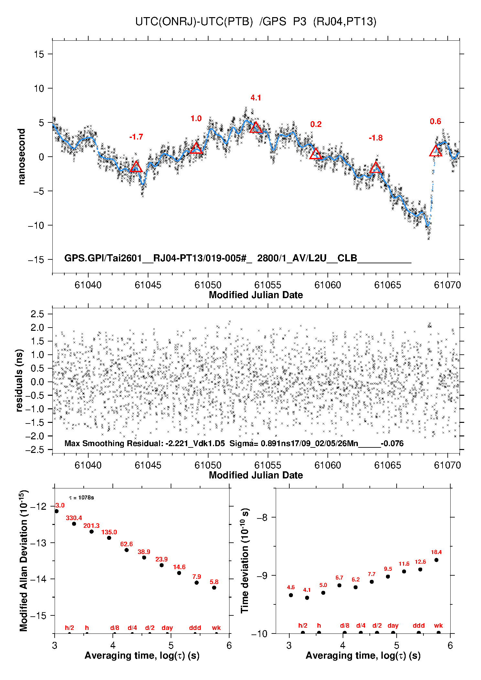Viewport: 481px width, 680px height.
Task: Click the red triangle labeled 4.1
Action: pos(256,128)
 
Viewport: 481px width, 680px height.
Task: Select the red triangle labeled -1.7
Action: pos(136,167)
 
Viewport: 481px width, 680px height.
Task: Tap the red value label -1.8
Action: pos(376,138)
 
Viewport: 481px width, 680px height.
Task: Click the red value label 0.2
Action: pos(316,124)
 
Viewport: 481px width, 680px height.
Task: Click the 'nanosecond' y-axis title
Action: pos(22,157)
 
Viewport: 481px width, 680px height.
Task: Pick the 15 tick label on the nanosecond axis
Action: pos(39,54)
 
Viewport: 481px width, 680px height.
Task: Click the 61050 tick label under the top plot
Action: pos(208,285)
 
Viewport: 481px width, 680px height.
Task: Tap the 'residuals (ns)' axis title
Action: pos(19,380)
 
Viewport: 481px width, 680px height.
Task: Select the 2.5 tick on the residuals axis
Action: pos(37,314)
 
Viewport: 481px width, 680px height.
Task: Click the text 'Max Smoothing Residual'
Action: pos(113,443)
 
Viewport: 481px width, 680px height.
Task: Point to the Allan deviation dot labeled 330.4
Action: pos(74,524)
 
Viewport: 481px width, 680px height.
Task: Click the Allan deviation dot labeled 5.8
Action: pos(214,588)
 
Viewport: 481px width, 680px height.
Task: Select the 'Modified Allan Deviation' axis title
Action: pos(23,560)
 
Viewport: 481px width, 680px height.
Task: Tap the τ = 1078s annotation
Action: pos(81,497)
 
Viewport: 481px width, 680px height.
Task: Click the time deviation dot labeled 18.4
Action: pos(436,560)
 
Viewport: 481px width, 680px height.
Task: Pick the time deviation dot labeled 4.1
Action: pos(307,598)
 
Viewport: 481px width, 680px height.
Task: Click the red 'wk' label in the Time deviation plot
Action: pos(438,625)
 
